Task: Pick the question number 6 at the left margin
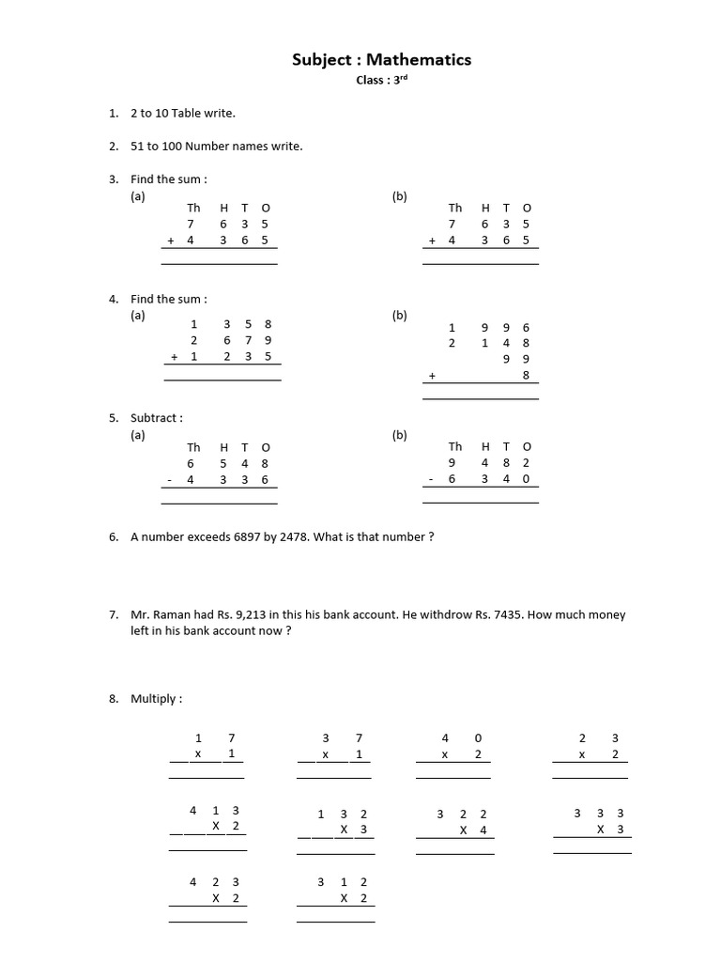[113, 537]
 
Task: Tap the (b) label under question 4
[399, 316]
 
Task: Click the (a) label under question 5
[138, 435]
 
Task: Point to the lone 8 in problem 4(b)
[526, 375]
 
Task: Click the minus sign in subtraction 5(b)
[431, 479]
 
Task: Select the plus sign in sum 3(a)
[171, 240]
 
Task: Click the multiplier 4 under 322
[483, 830]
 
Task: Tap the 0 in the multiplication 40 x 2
[479, 738]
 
